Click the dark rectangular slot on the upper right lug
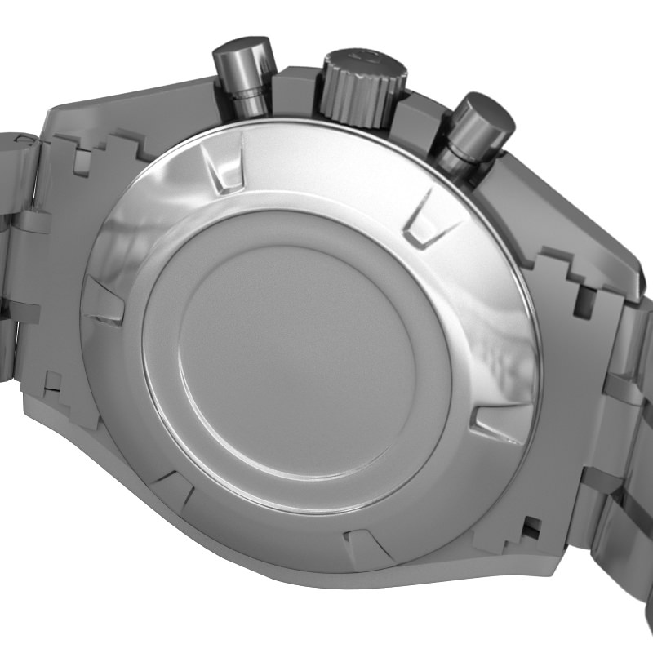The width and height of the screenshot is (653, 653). [584, 302]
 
